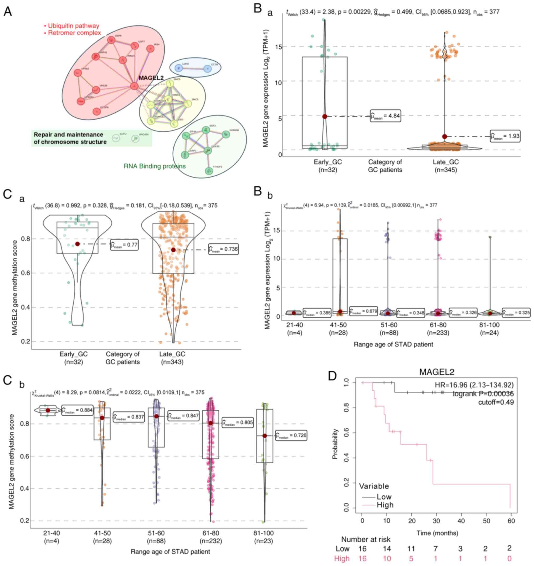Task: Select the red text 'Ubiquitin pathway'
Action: coord(73,26)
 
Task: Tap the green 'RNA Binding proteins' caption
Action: coord(155,166)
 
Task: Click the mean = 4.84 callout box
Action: coord(386,116)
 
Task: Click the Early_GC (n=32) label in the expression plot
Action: coord(328,166)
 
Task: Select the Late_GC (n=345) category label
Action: coord(446,166)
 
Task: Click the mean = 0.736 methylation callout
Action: coord(223,249)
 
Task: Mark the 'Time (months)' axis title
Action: coord(437,533)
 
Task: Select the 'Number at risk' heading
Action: coord(366,539)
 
